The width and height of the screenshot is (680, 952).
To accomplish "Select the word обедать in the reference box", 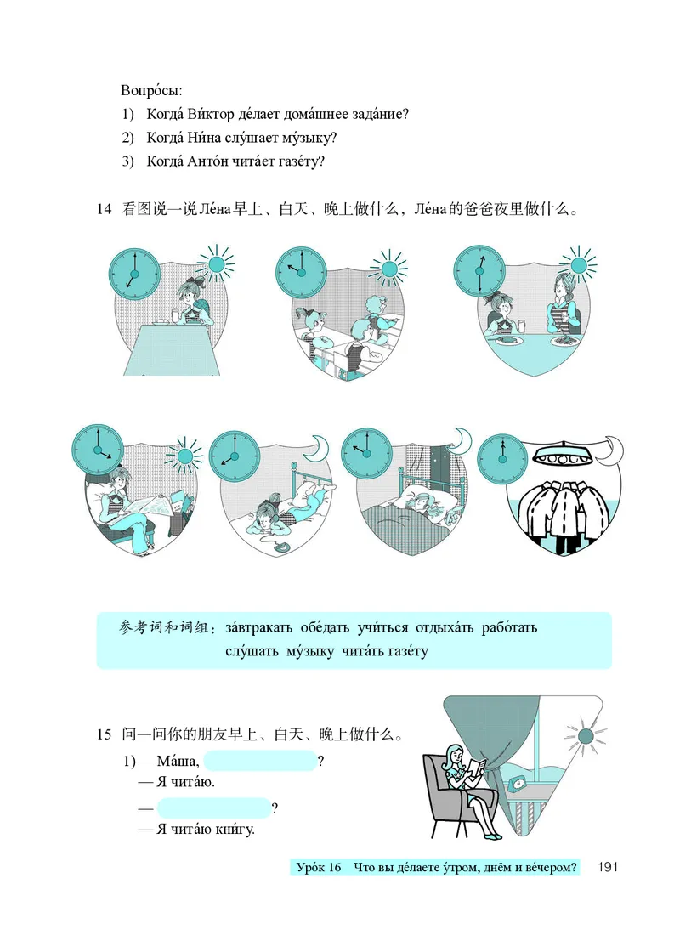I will (x=326, y=628).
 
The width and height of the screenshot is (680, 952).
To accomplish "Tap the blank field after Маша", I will (x=260, y=761).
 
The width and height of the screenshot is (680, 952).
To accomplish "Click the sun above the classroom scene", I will (x=389, y=268).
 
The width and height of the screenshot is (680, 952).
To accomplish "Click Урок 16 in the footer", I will (x=319, y=868).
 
